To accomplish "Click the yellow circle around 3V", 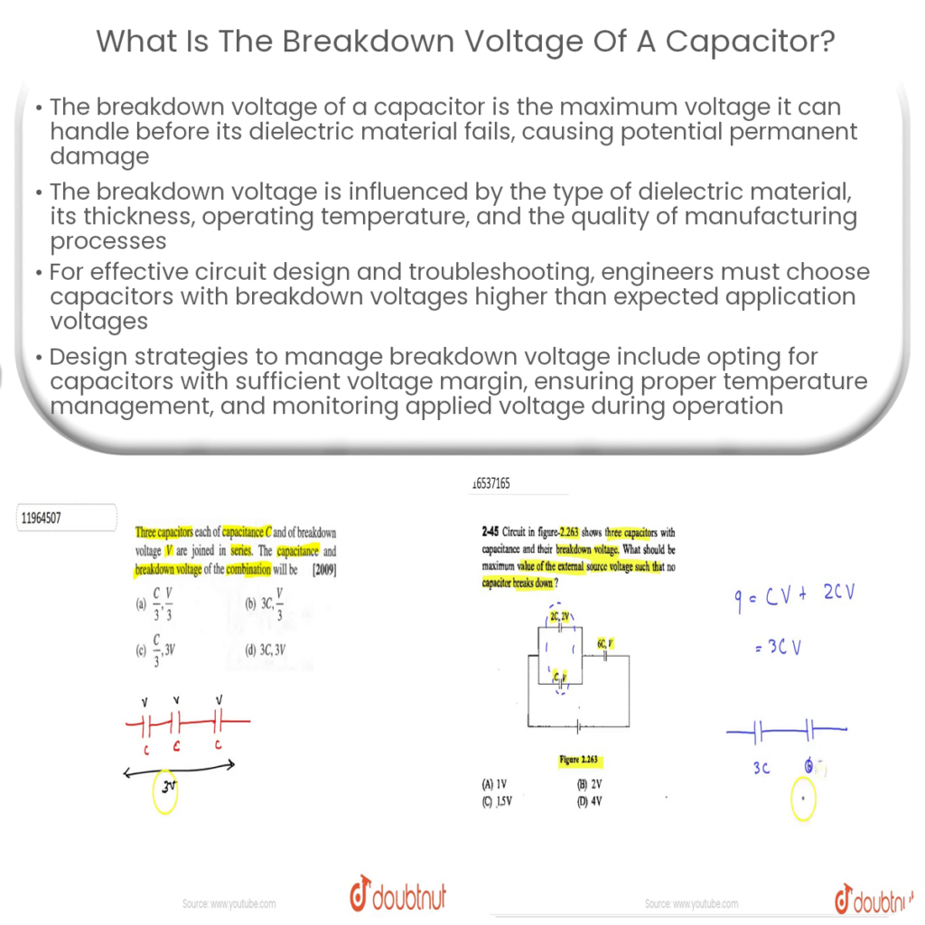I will [167, 791].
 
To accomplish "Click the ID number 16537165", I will [491, 484].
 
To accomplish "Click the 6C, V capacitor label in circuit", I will [605, 642].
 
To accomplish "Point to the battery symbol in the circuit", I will [579, 724].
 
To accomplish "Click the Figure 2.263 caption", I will [579, 760].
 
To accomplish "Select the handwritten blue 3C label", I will [760, 768].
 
